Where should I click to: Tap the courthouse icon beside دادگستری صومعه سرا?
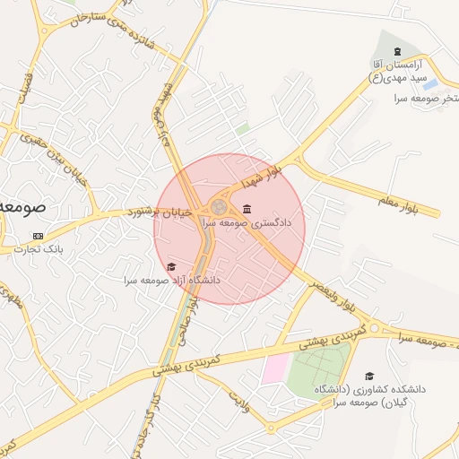tap(247, 209)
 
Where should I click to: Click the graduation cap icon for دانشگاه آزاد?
tap(171, 266)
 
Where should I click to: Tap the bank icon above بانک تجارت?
tap(38, 237)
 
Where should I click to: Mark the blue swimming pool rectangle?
tap(430, 85)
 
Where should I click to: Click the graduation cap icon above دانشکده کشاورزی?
tap(369, 377)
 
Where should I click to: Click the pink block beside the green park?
tap(275, 367)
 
